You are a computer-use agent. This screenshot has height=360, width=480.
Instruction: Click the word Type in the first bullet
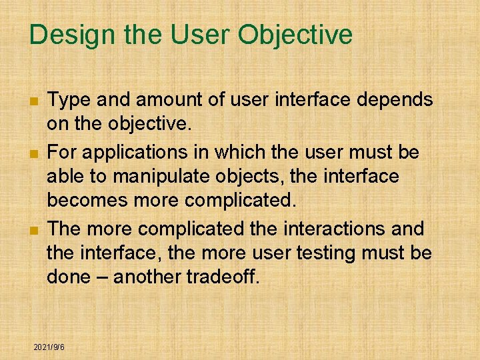[70, 100]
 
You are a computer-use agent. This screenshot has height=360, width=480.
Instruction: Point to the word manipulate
[145, 177]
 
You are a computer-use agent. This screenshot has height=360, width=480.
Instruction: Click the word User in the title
[200, 35]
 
